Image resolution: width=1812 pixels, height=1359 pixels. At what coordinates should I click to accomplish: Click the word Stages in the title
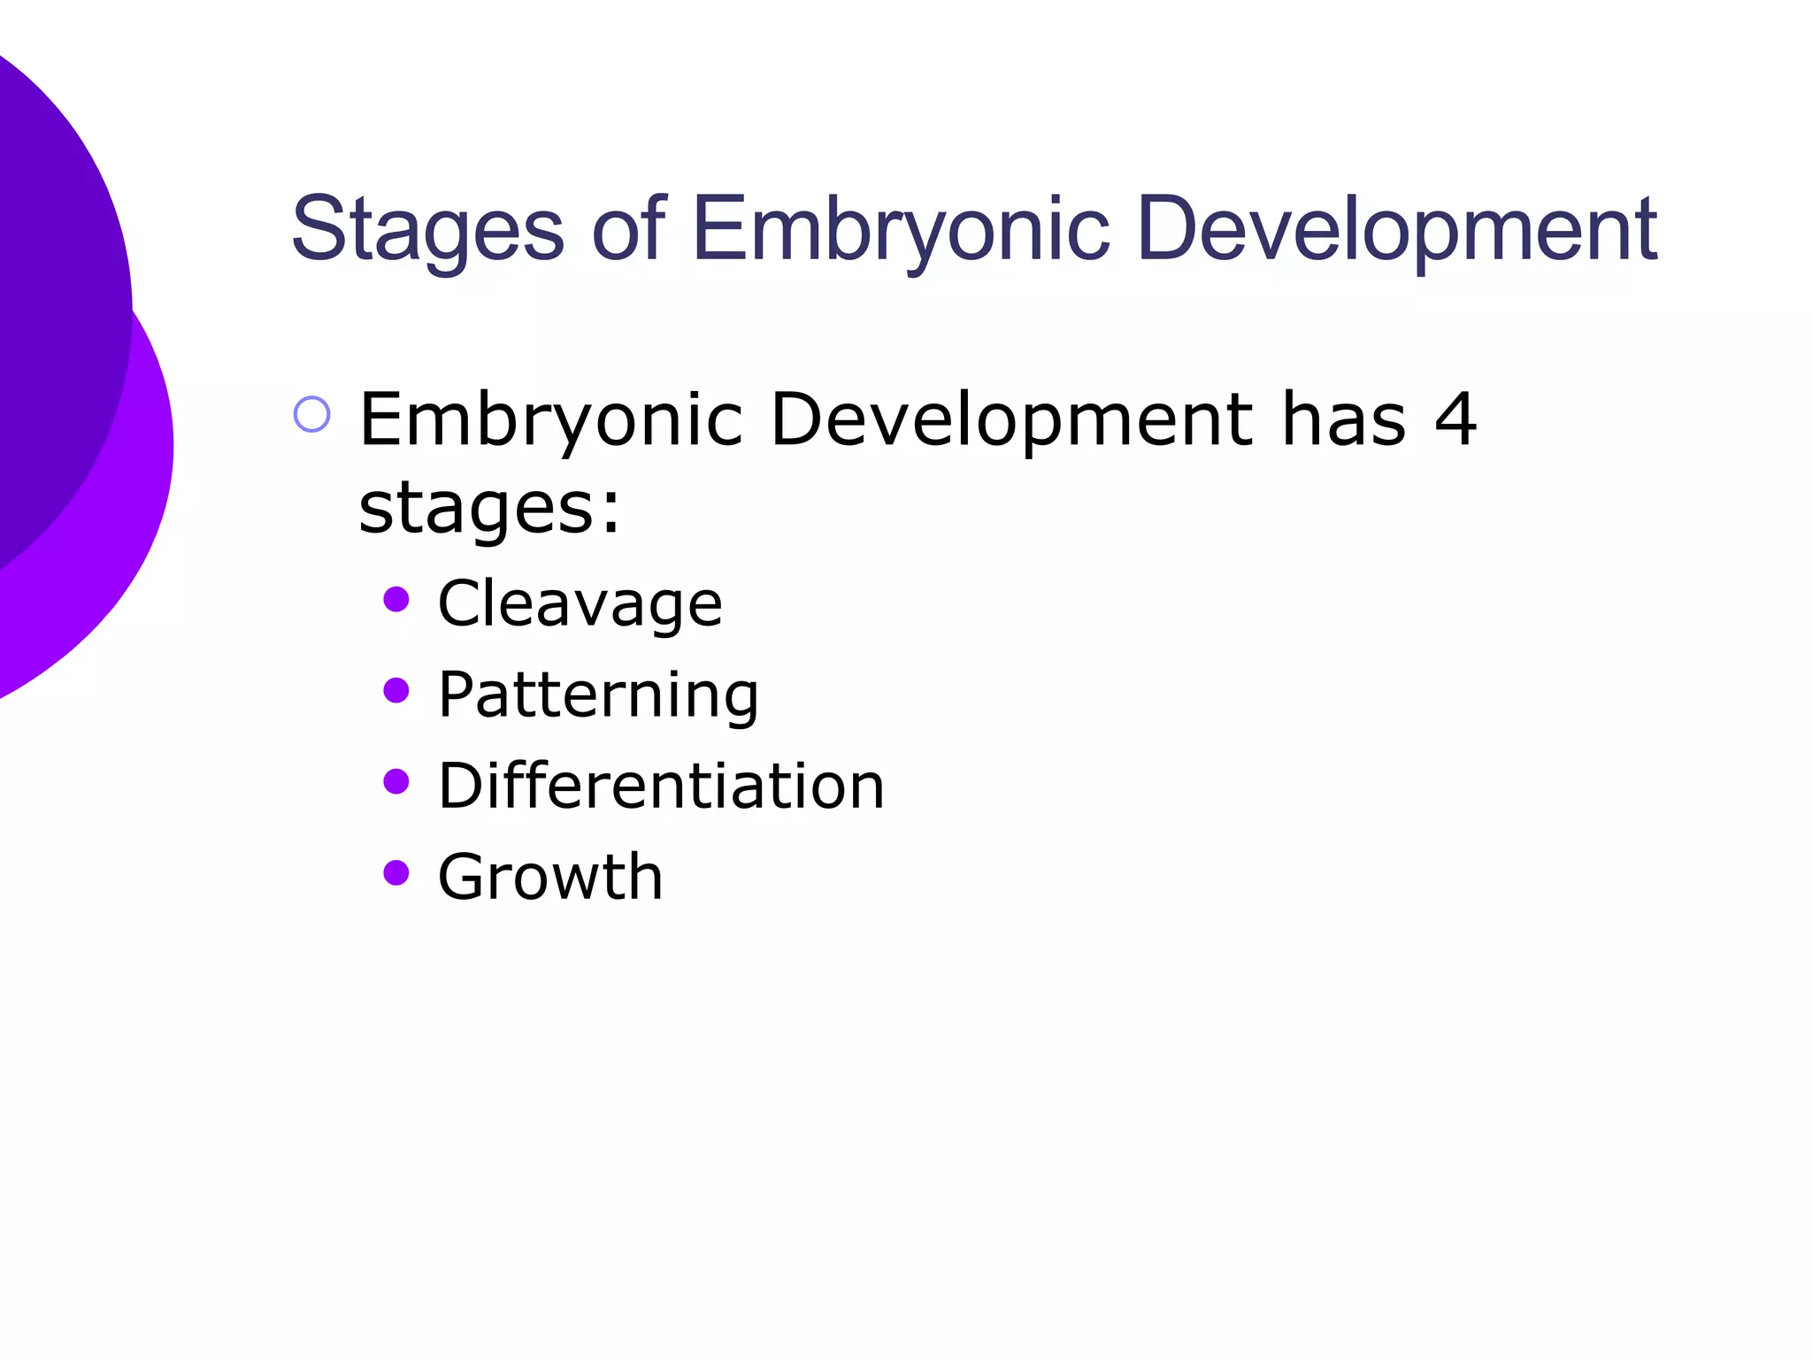[427, 230]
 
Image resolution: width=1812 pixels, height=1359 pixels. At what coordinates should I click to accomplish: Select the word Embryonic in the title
[900, 230]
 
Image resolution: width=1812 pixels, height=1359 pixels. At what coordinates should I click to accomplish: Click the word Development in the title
[1397, 230]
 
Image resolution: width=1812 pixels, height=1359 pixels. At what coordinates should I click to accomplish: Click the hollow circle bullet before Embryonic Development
[311, 414]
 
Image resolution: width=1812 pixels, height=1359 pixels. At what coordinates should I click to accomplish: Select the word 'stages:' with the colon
[489, 510]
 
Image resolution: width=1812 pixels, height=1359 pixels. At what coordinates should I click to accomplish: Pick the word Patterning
[598, 696]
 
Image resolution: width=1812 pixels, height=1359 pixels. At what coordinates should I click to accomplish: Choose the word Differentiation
[661, 787]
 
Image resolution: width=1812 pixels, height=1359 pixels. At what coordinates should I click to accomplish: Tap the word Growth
[549, 878]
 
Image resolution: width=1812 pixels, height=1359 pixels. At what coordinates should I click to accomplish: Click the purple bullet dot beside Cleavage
[396, 600]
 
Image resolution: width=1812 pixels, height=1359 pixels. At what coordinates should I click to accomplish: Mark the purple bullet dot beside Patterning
[396, 690]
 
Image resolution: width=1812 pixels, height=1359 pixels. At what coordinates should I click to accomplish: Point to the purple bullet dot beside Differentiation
[396, 781]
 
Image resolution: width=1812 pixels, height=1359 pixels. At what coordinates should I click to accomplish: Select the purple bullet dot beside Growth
[396, 872]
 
